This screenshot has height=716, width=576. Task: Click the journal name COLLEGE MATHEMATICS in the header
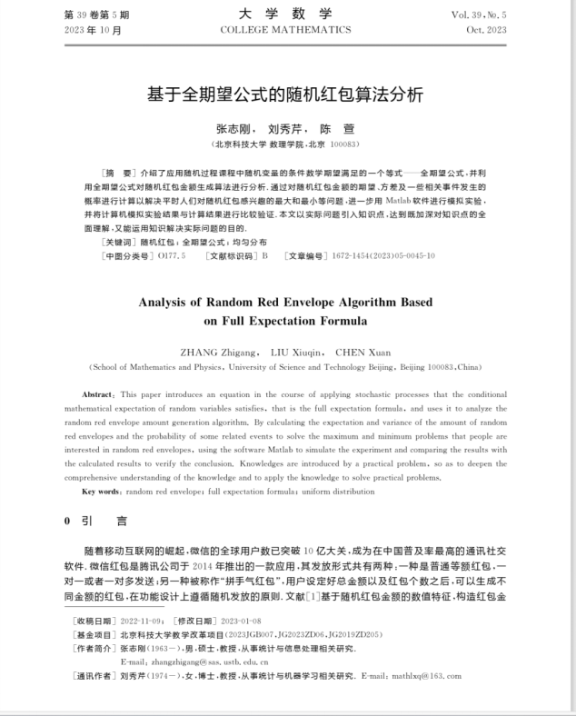pos(285,30)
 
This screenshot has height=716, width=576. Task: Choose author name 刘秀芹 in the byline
pos(286,130)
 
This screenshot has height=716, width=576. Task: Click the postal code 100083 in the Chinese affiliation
pos(343,144)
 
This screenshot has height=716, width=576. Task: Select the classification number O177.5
pos(171,256)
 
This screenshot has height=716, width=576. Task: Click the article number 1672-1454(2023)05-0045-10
pos(382,256)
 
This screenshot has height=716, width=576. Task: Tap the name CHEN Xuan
pos(362,352)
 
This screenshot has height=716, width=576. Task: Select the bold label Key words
pos(103,492)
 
